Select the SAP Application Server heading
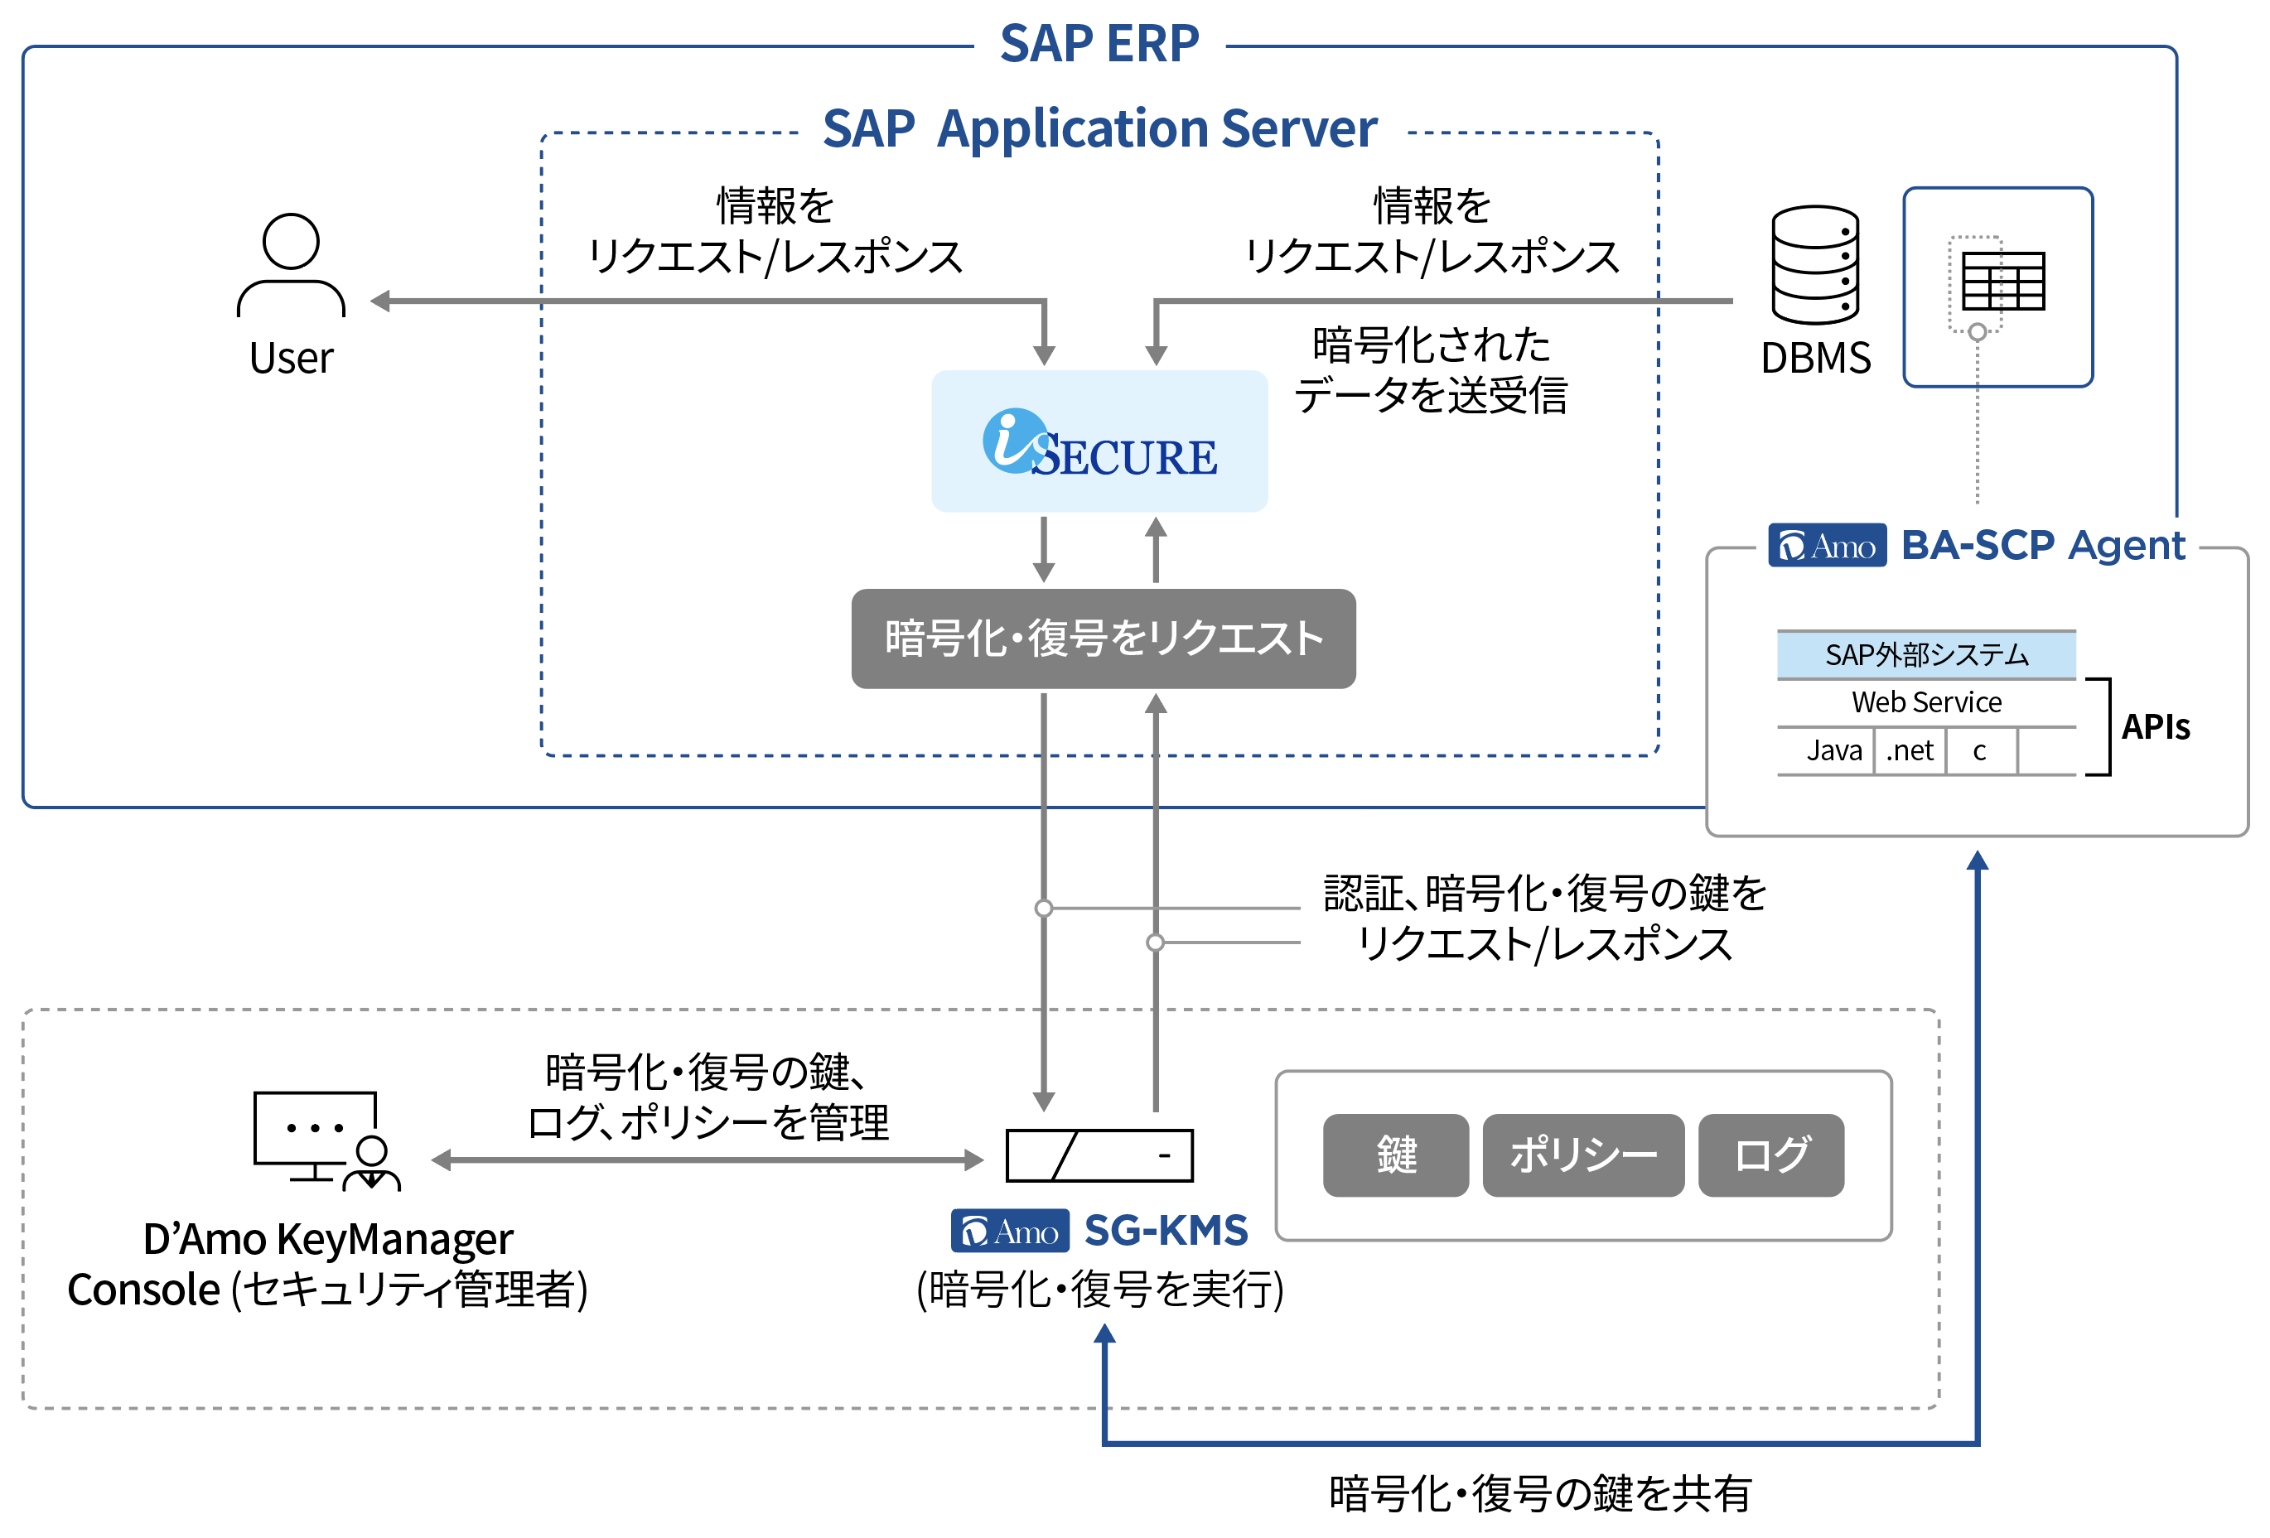tap(1100, 129)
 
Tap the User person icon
tap(291, 265)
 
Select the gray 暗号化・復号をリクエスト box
tap(1103, 638)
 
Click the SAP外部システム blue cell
tap(1926, 654)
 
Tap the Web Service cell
tap(1926, 702)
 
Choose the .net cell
tap(1910, 750)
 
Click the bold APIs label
tap(2156, 726)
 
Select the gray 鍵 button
tap(1396, 1155)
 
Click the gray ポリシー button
tap(1583, 1155)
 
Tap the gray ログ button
tap(1771, 1155)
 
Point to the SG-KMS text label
tap(1166, 1231)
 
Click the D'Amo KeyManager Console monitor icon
tap(326, 1140)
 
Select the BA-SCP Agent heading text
tap(2043, 545)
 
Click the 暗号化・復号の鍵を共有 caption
tap(1540, 1493)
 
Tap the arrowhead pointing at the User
tap(380, 301)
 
